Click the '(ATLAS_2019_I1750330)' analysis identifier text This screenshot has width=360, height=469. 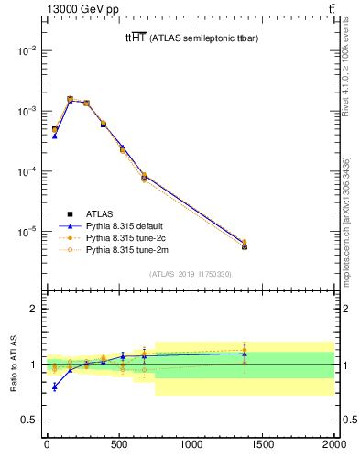191,274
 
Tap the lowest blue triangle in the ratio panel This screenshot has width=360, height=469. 55,387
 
